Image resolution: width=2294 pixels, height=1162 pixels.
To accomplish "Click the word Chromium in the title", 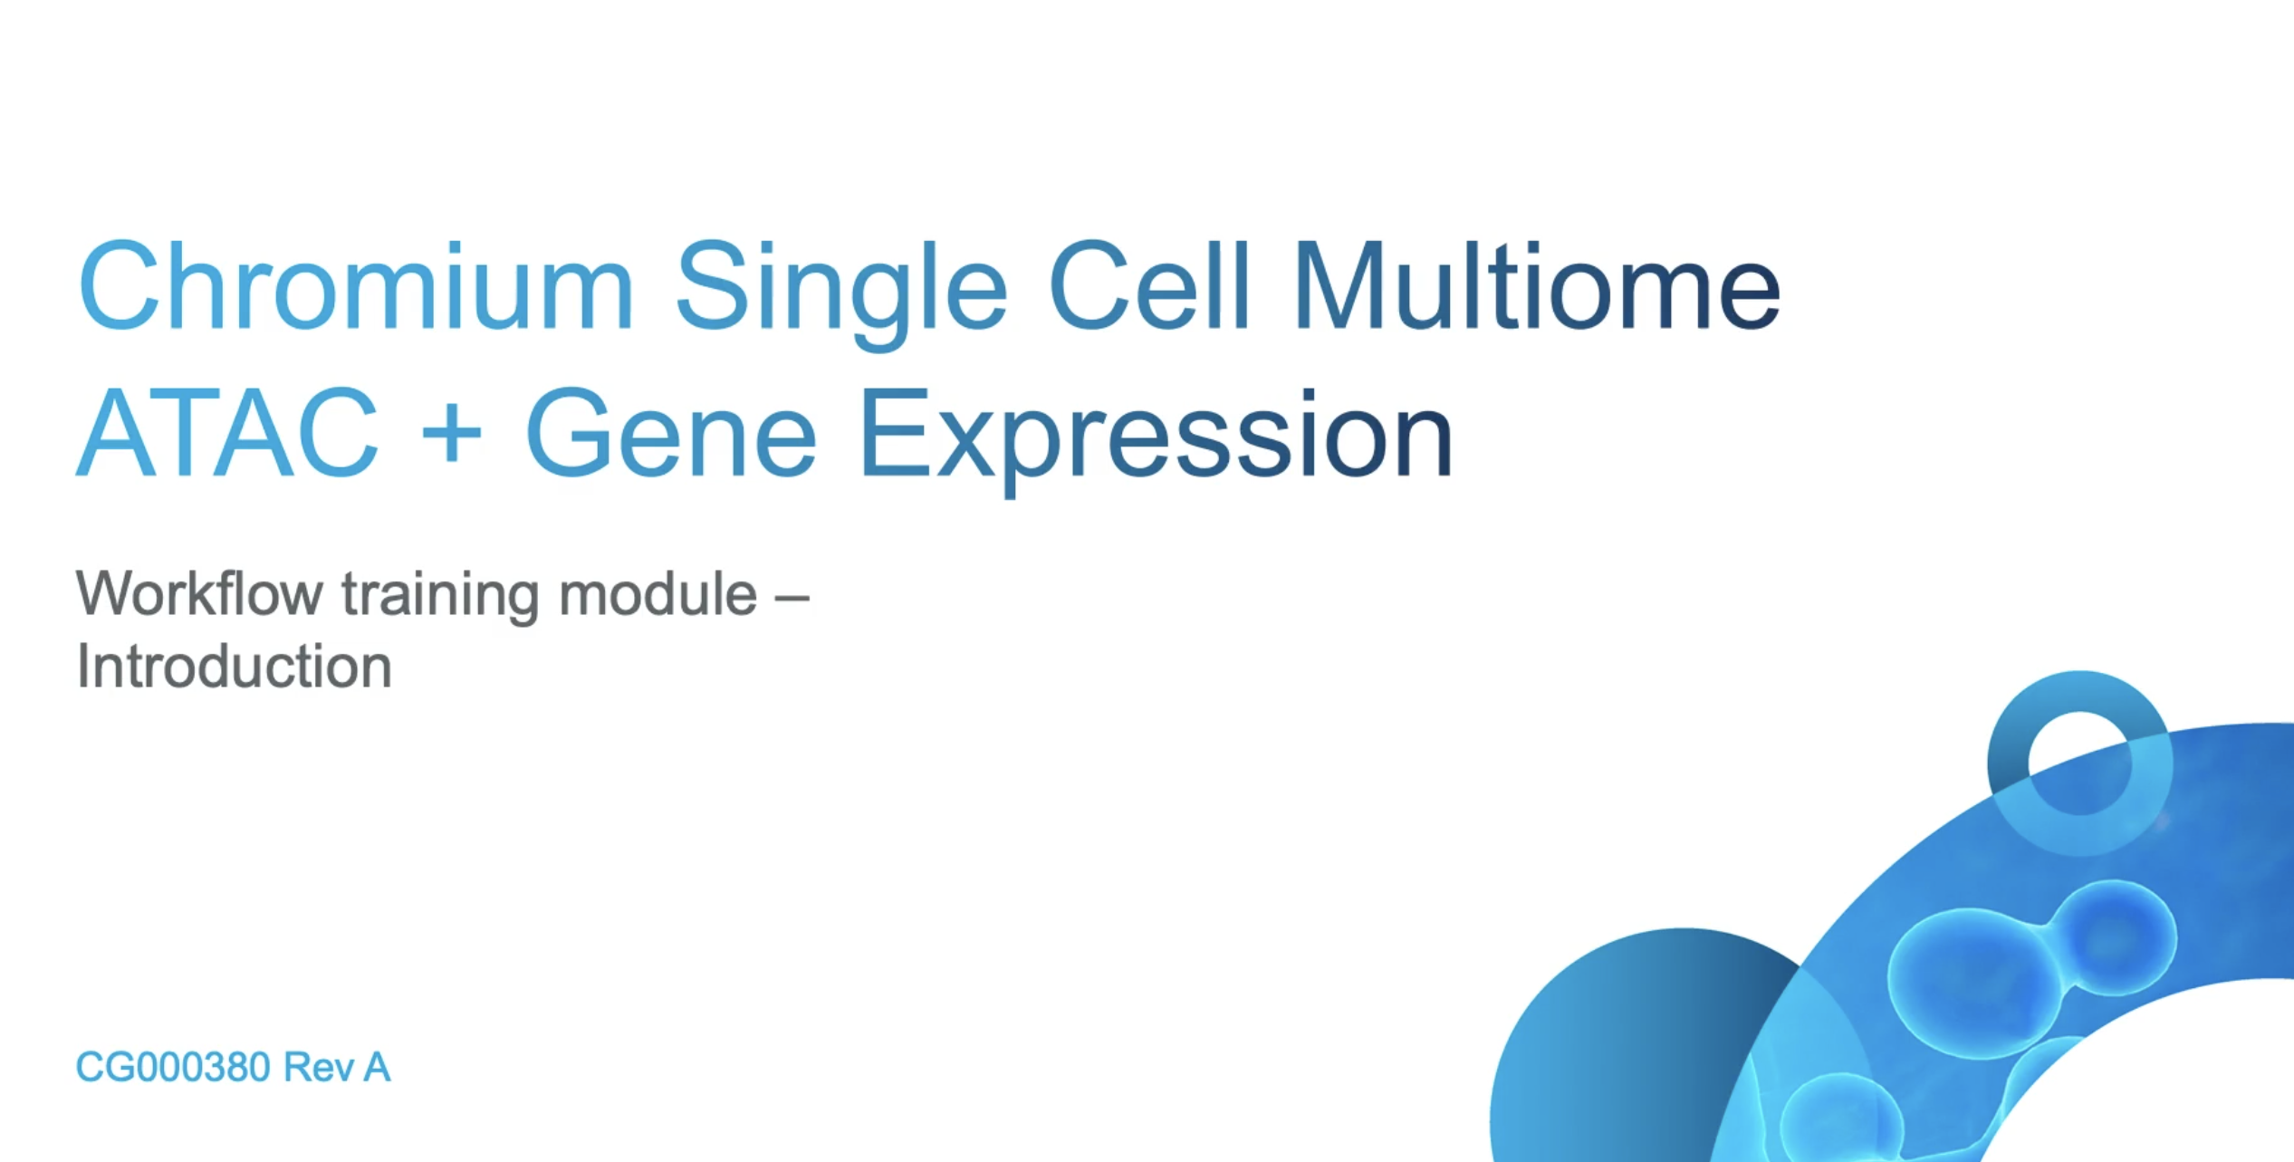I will coord(355,288).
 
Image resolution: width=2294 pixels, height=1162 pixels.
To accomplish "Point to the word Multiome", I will coord(1537,288).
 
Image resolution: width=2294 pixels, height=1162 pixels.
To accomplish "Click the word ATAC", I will coord(227,433).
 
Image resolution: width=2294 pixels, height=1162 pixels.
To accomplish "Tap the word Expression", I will coord(1155,435).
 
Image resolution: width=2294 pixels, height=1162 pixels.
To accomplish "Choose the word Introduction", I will coord(234,667).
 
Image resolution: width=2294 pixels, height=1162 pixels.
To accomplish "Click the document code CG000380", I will coord(172,1067).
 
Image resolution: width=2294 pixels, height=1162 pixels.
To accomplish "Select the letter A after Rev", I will coord(377,1067).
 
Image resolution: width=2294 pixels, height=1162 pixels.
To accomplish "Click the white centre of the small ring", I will coord(2079,763).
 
